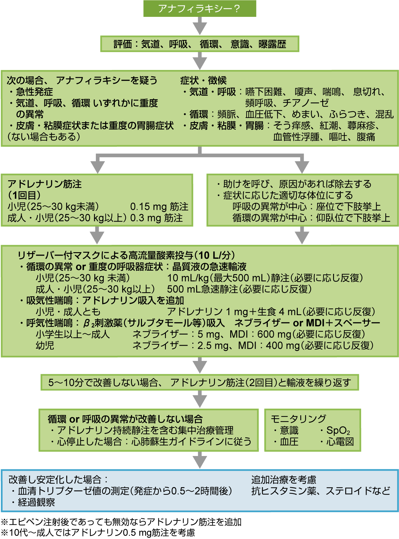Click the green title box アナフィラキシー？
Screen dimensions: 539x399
(200, 9)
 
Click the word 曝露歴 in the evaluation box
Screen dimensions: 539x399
(272, 44)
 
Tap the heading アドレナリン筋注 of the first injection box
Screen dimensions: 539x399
(45, 184)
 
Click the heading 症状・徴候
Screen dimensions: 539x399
(203, 80)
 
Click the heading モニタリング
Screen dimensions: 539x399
(298, 419)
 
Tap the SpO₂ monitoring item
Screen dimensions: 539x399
(338, 431)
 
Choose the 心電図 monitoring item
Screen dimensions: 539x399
(340, 442)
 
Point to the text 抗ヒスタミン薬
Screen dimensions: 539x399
(284, 491)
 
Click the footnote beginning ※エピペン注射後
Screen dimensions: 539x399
(121, 522)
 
